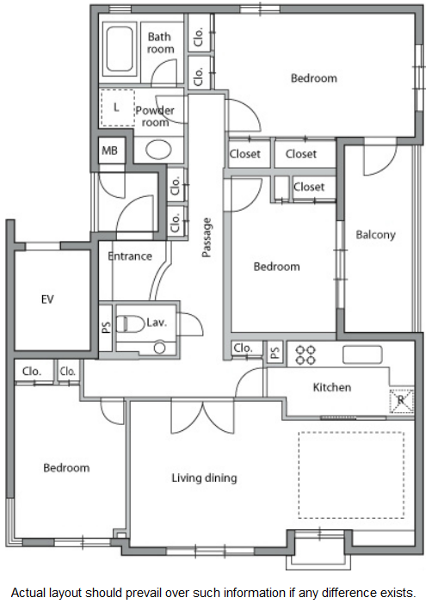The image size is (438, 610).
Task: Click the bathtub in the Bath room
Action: click(119, 49)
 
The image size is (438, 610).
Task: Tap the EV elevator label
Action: click(47, 299)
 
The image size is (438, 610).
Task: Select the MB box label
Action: click(109, 151)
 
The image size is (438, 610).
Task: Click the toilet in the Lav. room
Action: click(130, 323)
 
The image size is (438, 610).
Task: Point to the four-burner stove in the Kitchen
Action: click(305, 354)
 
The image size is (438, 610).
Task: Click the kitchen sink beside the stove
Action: click(362, 354)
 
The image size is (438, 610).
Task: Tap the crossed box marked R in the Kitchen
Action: click(402, 400)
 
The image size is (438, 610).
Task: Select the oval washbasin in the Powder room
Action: click(158, 150)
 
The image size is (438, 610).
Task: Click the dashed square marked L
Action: click(118, 108)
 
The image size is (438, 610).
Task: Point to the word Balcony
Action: click(375, 235)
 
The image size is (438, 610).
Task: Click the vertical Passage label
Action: click(207, 237)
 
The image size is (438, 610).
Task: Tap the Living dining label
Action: click(204, 478)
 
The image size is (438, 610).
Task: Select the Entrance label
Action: click(130, 256)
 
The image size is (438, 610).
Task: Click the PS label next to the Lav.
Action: click(106, 327)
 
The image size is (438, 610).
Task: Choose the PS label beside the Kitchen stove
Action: click(275, 353)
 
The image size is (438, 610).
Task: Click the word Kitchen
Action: click(332, 387)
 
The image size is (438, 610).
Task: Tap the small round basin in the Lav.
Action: click(159, 348)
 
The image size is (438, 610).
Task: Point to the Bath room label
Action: click(160, 43)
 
